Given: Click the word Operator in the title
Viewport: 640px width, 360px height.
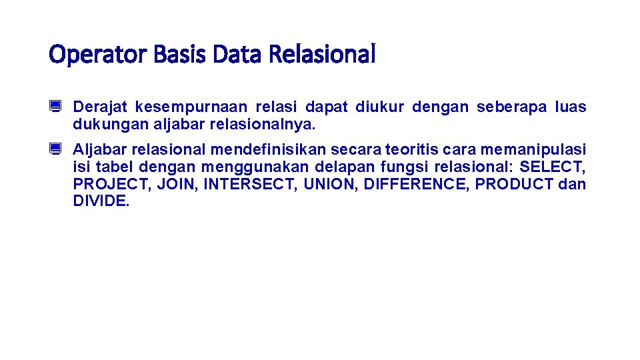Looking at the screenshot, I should [98, 55].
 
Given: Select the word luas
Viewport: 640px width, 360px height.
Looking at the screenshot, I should [571, 107].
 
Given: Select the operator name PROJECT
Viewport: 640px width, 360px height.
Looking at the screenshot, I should [111, 184].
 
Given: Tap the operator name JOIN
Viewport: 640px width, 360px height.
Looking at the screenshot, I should [177, 184].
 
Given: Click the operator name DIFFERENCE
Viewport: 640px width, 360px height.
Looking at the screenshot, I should [417, 184].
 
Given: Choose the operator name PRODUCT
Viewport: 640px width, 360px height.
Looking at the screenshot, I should [514, 184].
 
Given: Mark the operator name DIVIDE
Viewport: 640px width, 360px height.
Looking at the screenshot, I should [101, 201].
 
